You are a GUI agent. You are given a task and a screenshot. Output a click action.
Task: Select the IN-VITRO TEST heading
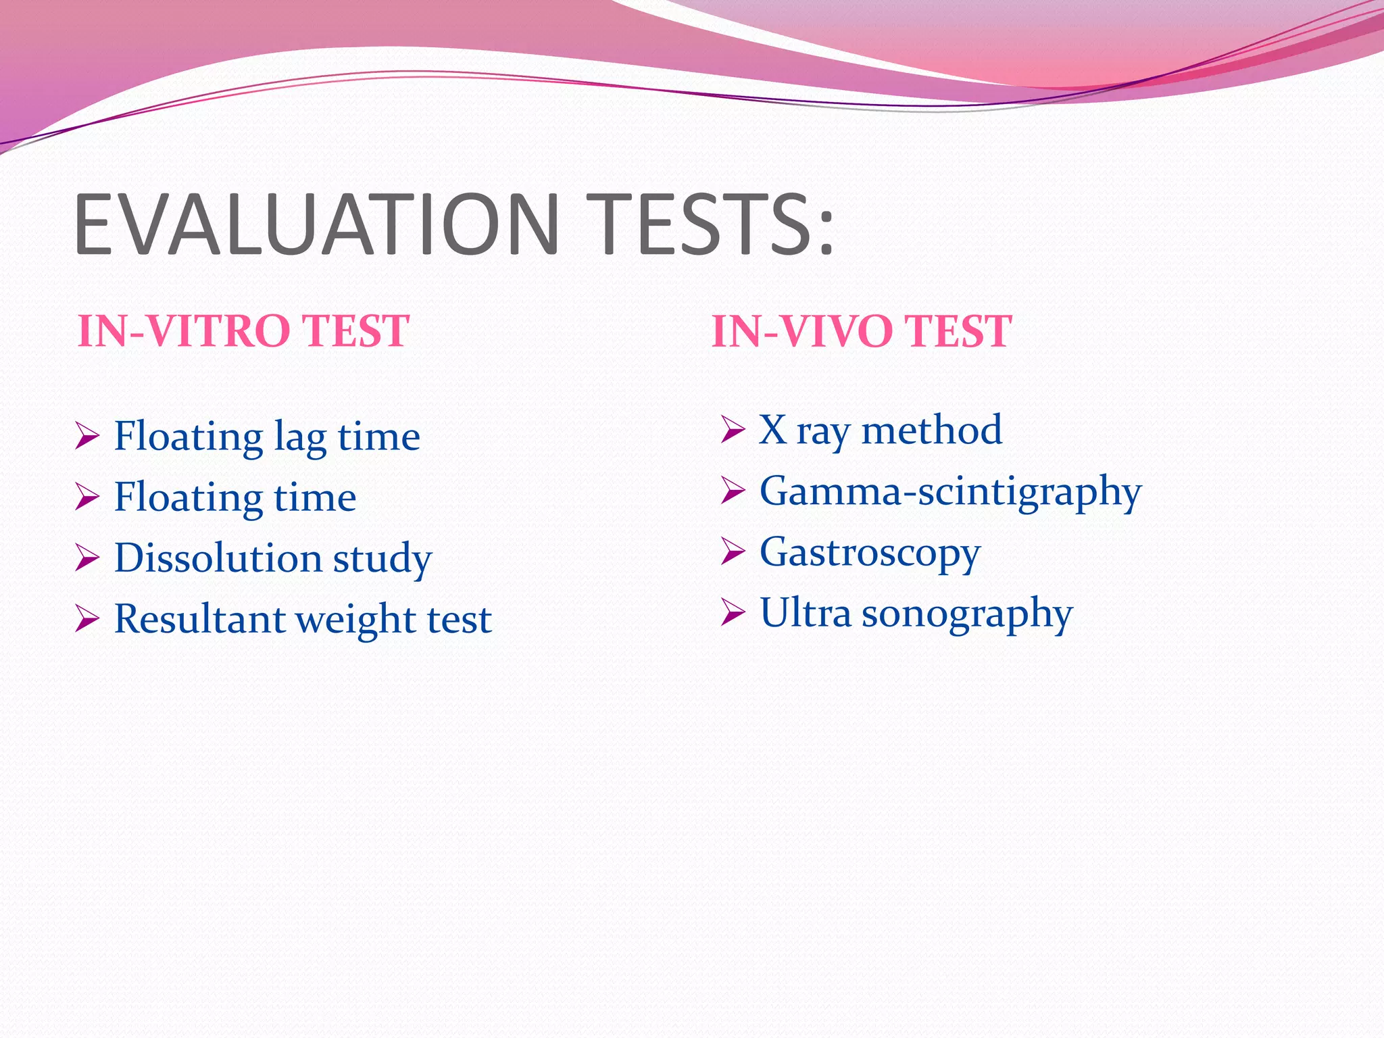pyautogui.click(x=243, y=331)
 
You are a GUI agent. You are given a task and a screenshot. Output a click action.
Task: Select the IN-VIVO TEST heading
pyautogui.click(x=862, y=331)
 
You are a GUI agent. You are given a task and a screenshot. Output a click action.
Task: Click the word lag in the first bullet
pyautogui.click(x=300, y=438)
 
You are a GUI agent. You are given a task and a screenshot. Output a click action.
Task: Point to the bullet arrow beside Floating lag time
pyautogui.click(x=87, y=436)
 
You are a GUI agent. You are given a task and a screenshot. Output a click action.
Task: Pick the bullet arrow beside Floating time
pyautogui.click(x=87, y=497)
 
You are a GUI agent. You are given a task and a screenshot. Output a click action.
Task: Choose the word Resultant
pyautogui.click(x=199, y=619)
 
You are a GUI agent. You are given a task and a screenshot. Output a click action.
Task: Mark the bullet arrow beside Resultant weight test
pyautogui.click(x=87, y=618)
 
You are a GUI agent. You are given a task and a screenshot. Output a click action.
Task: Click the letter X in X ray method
pyautogui.click(x=772, y=430)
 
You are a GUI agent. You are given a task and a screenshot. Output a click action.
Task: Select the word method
pyautogui.click(x=932, y=430)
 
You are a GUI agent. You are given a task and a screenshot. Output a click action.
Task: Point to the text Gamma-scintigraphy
pyautogui.click(x=950, y=492)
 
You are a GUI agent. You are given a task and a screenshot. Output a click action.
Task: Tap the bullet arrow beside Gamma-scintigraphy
pyautogui.click(x=733, y=491)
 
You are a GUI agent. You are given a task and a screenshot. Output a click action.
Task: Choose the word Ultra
pyautogui.click(x=805, y=613)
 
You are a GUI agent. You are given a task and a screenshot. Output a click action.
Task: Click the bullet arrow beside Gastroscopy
pyautogui.click(x=733, y=551)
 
